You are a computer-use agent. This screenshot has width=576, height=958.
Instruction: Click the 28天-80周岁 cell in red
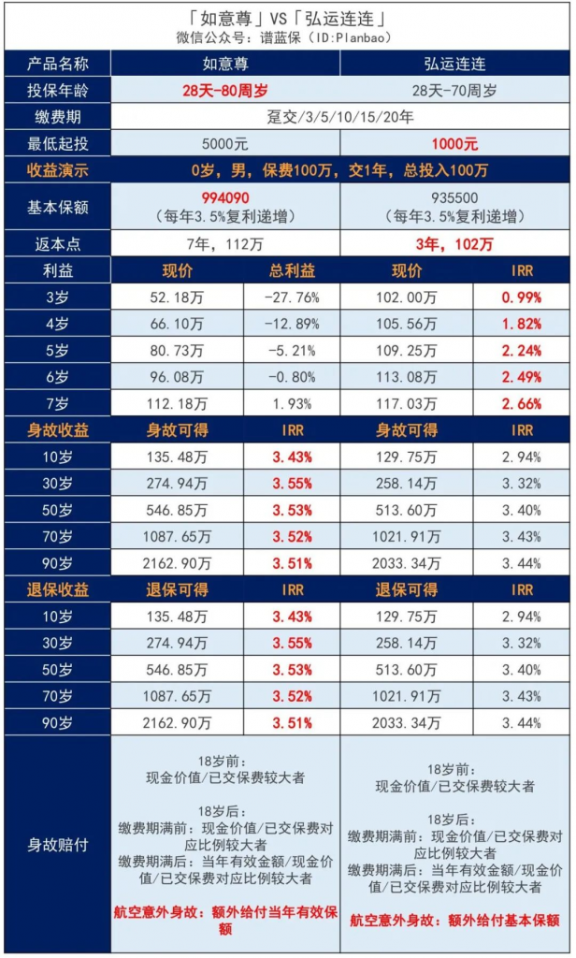tap(225, 91)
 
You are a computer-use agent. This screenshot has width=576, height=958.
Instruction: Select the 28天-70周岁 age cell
tap(454, 91)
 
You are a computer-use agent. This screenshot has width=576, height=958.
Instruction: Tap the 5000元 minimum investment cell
tap(225, 144)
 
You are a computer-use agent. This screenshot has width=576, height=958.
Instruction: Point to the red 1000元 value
tap(454, 144)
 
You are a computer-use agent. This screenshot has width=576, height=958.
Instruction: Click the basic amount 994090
tap(225, 197)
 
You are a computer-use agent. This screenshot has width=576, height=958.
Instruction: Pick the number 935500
tap(454, 197)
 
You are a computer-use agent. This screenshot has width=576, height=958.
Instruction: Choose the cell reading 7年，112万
tap(225, 244)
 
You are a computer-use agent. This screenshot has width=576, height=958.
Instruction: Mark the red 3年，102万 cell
tap(454, 244)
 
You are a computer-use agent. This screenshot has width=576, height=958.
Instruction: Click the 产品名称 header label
tap(58, 64)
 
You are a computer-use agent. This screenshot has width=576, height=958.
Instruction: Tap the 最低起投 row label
tap(58, 144)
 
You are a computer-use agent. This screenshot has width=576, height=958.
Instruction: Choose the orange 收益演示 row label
tap(58, 170)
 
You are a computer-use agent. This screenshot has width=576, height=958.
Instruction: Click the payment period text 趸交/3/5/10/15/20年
tap(340, 118)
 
